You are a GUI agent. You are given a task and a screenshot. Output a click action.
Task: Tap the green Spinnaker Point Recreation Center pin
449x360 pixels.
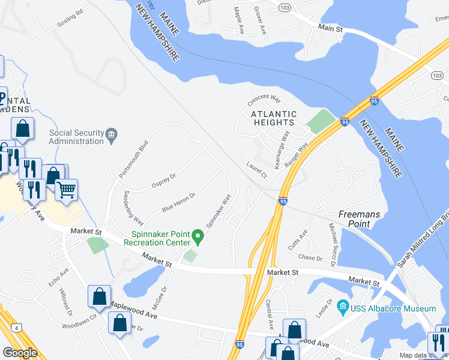pos(201,238)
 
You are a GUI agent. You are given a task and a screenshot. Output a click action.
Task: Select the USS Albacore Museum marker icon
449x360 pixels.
pos(343,308)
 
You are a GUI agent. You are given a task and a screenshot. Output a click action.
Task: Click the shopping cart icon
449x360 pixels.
pos(67,190)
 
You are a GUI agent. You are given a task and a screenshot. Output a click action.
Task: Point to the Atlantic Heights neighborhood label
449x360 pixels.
pos(274,118)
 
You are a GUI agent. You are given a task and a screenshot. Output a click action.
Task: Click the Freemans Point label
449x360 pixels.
pos(358,218)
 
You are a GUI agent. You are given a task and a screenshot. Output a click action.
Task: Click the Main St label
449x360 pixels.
pos(330,28)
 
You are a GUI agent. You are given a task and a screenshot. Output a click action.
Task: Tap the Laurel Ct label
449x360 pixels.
pos(256,170)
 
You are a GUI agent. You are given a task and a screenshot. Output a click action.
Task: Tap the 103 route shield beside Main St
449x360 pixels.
pos(284,6)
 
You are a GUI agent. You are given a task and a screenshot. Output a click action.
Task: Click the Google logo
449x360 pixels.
pos(20,352)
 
